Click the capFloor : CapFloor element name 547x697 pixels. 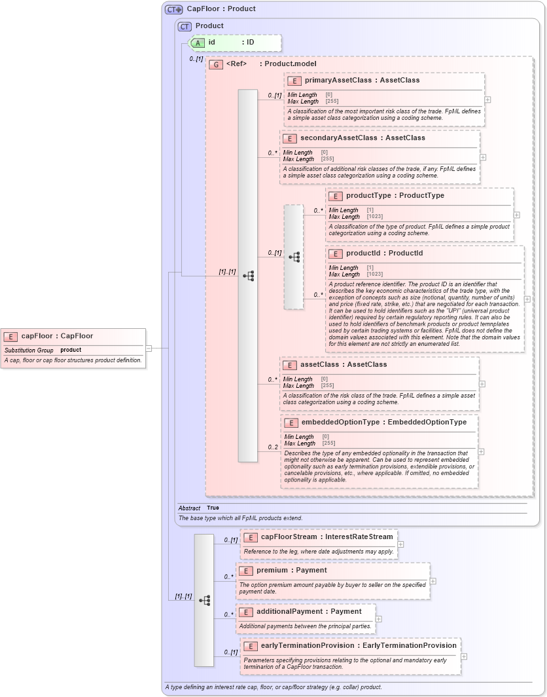(x=57, y=336)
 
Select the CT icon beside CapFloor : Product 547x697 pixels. (x=173, y=9)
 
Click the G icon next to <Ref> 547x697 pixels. (x=215, y=64)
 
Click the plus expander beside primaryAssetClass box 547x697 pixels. (x=487, y=100)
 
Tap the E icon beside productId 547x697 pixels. (x=335, y=254)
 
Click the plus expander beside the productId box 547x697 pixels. (x=527, y=299)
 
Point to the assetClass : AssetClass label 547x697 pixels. (x=343, y=365)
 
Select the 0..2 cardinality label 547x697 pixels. (x=273, y=447)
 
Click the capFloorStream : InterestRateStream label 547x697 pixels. (x=326, y=537)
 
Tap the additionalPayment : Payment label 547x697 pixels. (x=309, y=611)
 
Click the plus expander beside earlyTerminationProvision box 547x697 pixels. (x=464, y=656)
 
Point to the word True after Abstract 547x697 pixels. (x=213, y=508)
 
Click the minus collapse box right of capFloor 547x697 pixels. (x=149, y=348)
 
